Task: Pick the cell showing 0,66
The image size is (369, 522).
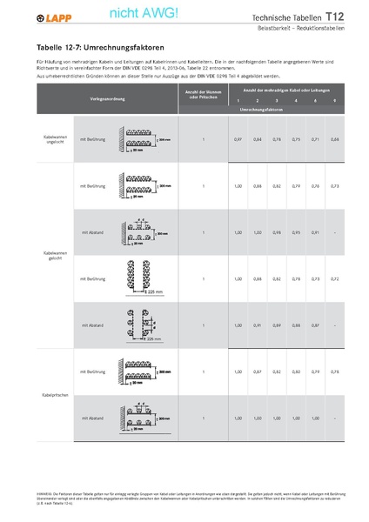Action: [334, 139]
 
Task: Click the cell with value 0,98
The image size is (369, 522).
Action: [276, 233]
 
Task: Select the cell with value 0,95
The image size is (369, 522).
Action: [295, 233]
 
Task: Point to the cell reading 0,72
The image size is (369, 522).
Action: [334, 278]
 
